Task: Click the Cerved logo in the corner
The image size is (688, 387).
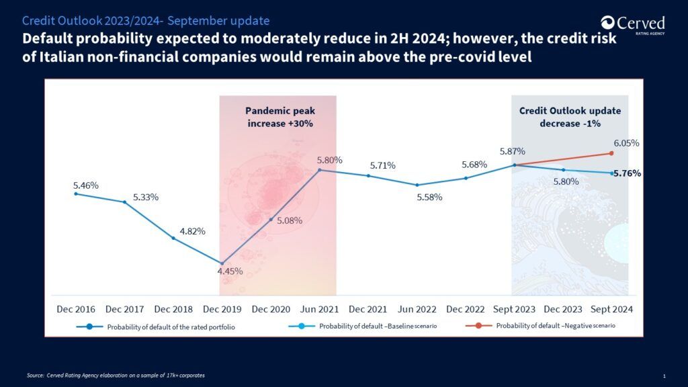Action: coord(633,25)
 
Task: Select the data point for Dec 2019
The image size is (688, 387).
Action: coord(222,263)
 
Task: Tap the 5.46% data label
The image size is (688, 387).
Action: coord(85,185)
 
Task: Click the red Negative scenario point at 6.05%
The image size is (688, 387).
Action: coord(611,153)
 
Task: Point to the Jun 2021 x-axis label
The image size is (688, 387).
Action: coord(319,309)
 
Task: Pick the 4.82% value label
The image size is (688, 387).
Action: coord(192,231)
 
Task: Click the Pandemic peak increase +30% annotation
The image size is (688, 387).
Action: coord(280,117)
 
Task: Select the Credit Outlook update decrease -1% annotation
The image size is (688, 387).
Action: coord(570,117)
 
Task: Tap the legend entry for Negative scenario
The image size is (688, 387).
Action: coord(540,326)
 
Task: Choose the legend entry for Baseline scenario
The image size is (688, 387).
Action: coord(362,326)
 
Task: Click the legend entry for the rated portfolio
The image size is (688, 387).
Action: coord(155,327)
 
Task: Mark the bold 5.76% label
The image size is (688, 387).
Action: coord(627,173)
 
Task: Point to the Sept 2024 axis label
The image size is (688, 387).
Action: coord(611,309)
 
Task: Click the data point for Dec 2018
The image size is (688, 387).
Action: coord(173,239)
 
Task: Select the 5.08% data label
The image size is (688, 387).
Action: coord(289,220)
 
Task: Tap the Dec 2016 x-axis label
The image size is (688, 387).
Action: coord(76,309)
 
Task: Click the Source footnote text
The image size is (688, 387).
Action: coord(116,376)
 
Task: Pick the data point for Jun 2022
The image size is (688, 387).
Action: coord(417,185)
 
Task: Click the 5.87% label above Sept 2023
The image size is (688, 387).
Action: coord(512,151)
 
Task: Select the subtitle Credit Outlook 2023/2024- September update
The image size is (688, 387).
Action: coord(146,21)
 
